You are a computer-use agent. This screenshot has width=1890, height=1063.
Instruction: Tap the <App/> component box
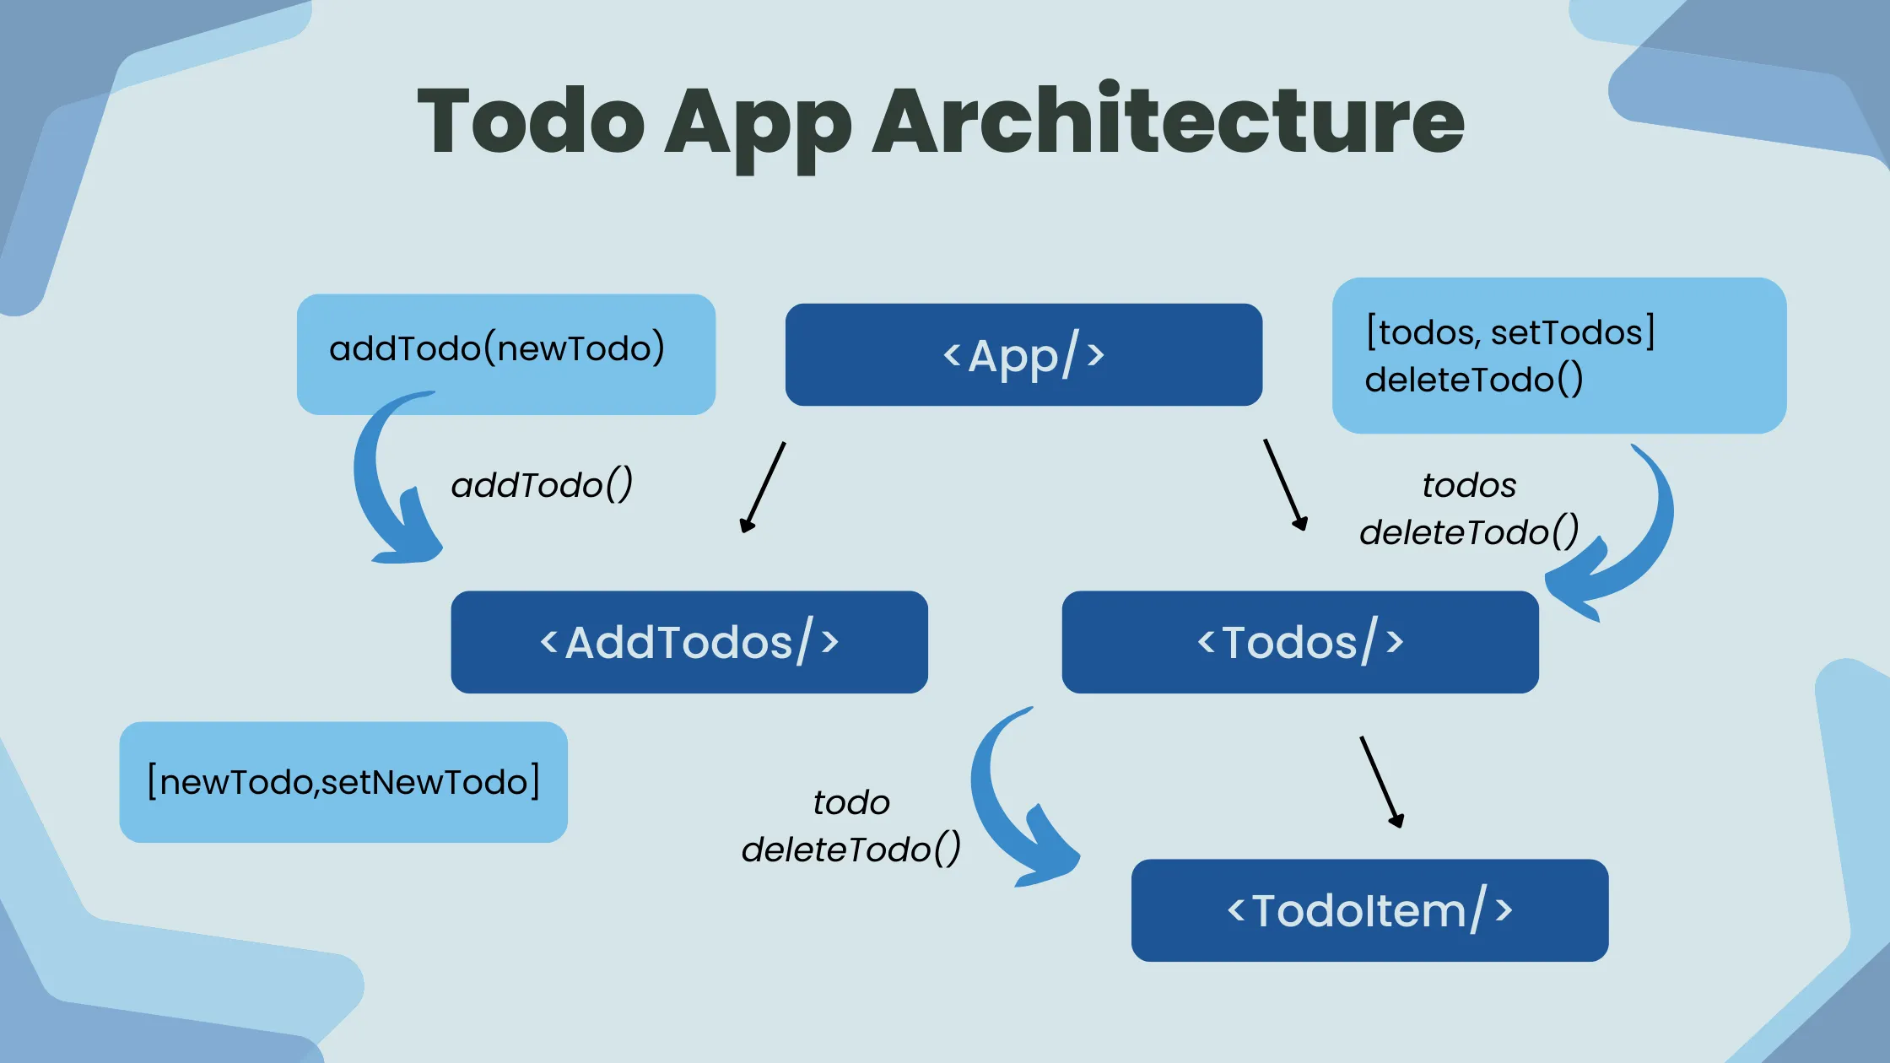point(1023,355)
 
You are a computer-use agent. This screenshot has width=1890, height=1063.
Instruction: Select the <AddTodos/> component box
point(689,642)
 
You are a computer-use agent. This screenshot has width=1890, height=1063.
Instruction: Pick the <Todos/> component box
point(1300,642)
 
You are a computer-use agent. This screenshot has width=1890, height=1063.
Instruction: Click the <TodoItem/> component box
point(1369,910)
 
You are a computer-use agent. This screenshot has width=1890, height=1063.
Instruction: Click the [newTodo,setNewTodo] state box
point(343,782)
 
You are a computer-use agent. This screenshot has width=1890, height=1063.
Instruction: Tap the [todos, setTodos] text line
point(1510,332)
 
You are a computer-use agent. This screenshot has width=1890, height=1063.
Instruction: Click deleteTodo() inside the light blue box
point(1473,380)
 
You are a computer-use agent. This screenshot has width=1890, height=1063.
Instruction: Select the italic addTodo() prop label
point(542,485)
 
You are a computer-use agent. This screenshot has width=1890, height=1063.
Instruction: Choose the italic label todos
point(1469,485)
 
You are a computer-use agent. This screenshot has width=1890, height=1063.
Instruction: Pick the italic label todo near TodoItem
point(851,802)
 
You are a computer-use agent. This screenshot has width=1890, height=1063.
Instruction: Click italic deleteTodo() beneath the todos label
point(1469,532)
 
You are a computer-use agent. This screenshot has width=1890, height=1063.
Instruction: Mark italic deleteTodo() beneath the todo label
point(850,850)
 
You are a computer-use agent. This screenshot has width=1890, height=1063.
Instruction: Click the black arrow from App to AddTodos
point(763,488)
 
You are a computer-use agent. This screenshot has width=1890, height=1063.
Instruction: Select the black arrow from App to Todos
point(1285,484)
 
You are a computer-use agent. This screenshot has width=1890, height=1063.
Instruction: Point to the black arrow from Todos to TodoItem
point(1381,781)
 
